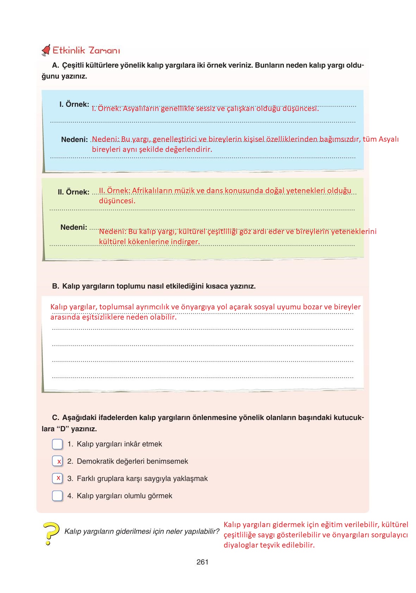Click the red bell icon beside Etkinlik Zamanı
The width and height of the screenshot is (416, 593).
tap(46, 51)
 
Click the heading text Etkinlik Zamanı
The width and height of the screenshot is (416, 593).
tap(86, 51)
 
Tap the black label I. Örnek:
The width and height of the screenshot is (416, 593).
tap(74, 104)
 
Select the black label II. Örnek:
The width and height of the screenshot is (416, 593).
tap(74, 192)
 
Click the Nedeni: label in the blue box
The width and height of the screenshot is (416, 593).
tap(74, 140)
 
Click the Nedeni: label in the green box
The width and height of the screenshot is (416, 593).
tap(74, 227)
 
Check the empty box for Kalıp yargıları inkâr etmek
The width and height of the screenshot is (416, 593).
tap(57, 444)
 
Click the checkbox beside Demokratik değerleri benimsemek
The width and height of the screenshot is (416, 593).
tap(57, 461)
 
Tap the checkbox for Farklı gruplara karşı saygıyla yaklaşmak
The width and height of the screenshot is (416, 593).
tap(57, 478)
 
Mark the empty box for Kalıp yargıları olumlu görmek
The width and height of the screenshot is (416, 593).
tap(57, 496)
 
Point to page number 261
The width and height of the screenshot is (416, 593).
tap(203, 562)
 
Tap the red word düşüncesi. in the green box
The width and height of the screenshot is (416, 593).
tap(117, 201)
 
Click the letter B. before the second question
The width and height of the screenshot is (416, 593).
tap(55, 286)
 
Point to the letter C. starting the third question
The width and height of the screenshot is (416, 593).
tap(55, 418)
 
